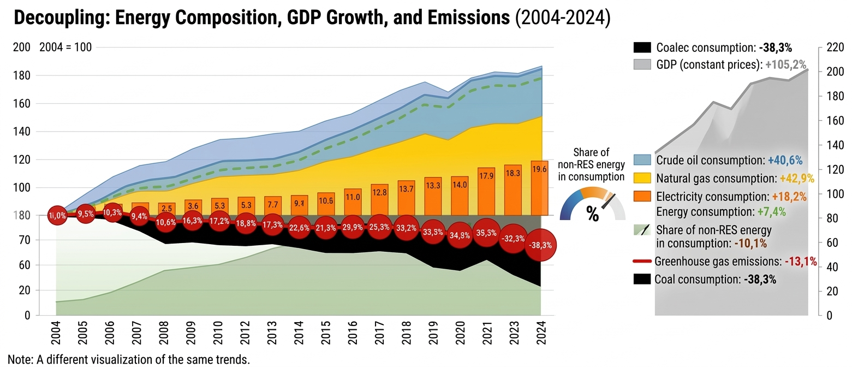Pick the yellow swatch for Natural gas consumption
point(642,177)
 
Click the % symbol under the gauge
point(592,214)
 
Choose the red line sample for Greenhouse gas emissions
point(642,262)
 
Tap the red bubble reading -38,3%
point(540,246)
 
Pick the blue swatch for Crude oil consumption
point(642,160)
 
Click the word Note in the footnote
point(11,360)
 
